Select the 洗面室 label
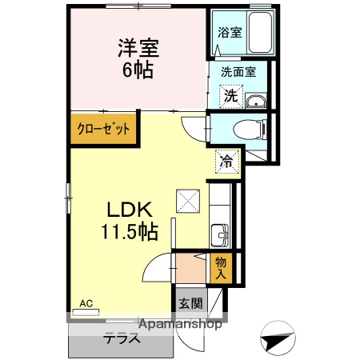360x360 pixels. (238, 72)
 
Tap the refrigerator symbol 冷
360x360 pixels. (226, 162)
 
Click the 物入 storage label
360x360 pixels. (221, 268)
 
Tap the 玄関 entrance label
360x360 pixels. (190, 303)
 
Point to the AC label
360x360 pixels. (86, 303)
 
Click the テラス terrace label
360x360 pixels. (122, 338)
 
